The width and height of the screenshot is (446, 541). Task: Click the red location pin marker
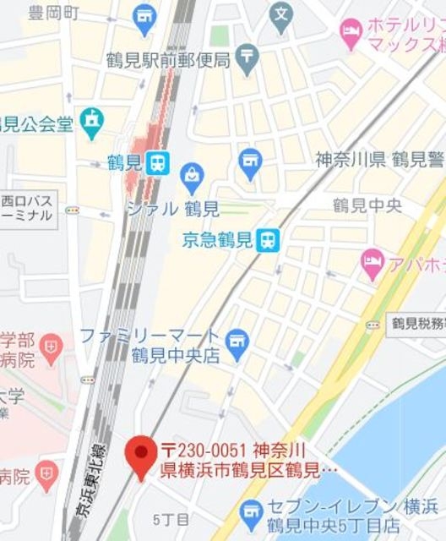(x=139, y=454)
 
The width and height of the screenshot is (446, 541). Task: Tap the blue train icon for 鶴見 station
(x=157, y=162)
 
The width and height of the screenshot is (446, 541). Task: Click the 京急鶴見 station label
(x=216, y=241)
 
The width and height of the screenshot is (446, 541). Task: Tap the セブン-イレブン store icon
(x=251, y=512)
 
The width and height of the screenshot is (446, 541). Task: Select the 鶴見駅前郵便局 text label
(x=168, y=59)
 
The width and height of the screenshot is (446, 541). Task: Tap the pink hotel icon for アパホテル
(x=372, y=263)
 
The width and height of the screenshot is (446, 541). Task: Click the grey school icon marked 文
(x=282, y=14)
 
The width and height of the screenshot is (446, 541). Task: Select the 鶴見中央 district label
(x=367, y=205)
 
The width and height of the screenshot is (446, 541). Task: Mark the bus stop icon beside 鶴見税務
(x=373, y=324)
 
